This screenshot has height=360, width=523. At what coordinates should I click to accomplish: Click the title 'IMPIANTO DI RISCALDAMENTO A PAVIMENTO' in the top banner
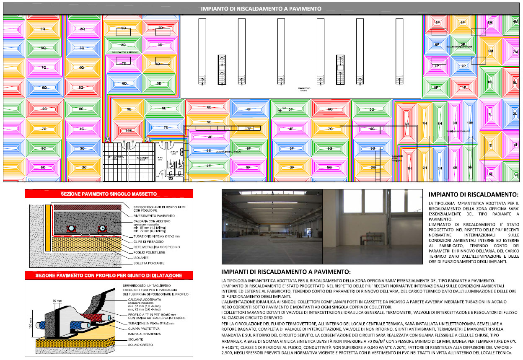pyautogui.click(x=261, y=8)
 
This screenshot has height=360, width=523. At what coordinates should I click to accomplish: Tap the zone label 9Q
pyautogui.click(x=43, y=29)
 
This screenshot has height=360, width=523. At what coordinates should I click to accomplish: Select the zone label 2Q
pyautogui.click(x=82, y=29)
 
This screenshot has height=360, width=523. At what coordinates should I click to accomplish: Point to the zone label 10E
pyautogui.click(x=128, y=130)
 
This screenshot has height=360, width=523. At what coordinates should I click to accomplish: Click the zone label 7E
pyautogui.click(x=166, y=127)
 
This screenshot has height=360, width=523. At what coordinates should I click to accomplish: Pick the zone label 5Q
pyautogui.click(x=81, y=88)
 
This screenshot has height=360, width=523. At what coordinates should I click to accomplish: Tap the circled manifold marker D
pyautogui.click(x=107, y=139)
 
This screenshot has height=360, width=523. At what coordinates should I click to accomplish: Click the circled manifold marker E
pyautogui.click(x=147, y=139)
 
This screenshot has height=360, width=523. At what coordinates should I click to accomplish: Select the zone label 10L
pyautogui.click(x=490, y=82)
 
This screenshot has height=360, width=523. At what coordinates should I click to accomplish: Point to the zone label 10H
pyautogui.click(x=470, y=123)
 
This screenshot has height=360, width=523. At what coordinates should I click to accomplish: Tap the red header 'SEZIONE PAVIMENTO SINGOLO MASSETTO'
pyautogui.click(x=109, y=194)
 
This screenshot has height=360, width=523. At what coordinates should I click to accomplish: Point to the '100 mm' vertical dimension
pyautogui.click(x=31, y=323)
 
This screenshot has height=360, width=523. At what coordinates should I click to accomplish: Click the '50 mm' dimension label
pyautogui.click(x=57, y=301)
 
